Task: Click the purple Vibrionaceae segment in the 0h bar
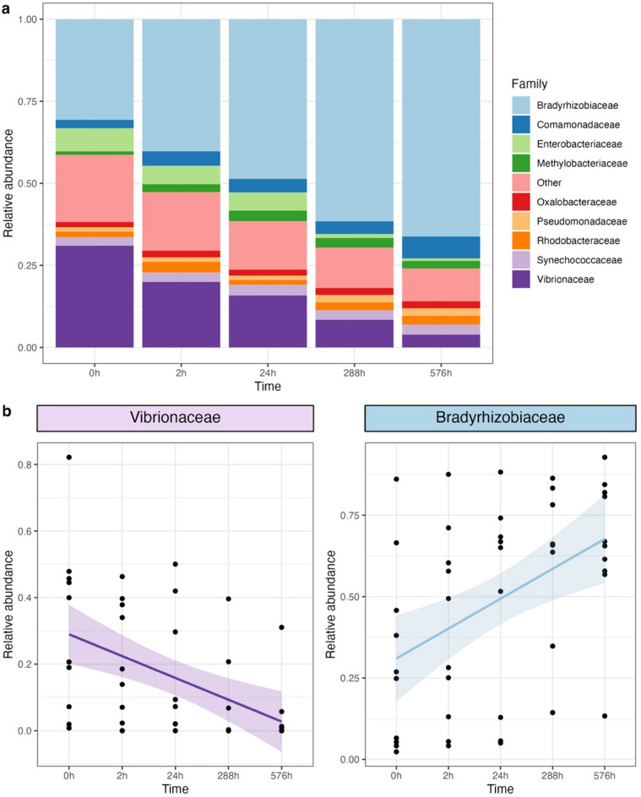click(x=95, y=296)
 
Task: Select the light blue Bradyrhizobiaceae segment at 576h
click(x=441, y=127)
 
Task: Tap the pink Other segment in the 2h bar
click(x=181, y=221)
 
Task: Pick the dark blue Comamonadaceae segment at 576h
click(x=441, y=247)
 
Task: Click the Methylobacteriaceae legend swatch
click(x=521, y=163)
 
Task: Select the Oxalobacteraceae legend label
click(x=577, y=202)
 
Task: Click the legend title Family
click(x=530, y=84)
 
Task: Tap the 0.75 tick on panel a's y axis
click(x=28, y=101)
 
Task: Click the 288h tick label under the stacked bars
click(x=355, y=373)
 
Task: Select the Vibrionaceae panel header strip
click(x=176, y=418)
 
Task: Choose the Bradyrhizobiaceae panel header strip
click(x=500, y=418)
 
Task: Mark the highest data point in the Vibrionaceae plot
click(x=69, y=457)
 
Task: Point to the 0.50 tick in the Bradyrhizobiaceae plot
click(x=350, y=597)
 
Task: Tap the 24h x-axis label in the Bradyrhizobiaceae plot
click(x=500, y=776)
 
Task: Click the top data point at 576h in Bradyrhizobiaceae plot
click(x=605, y=458)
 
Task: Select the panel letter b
click(x=7, y=410)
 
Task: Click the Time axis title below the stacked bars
click(x=268, y=387)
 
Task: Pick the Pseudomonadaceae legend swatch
click(x=521, y=221)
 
